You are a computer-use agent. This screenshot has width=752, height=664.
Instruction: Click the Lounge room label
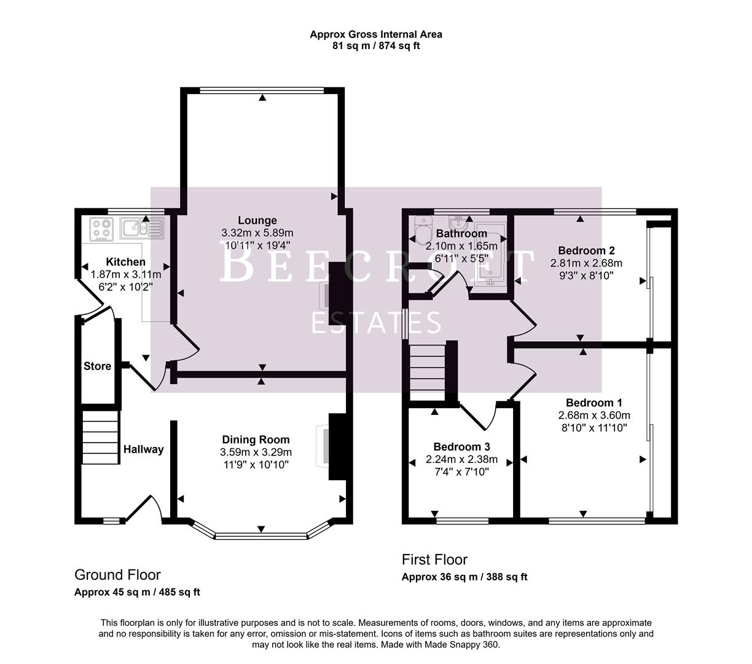[257, 220]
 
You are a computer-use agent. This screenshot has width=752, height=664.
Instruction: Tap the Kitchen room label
[125, 262]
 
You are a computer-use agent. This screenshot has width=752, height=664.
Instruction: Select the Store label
[97, 366]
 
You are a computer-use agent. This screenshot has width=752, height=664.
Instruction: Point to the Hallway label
[143, 449]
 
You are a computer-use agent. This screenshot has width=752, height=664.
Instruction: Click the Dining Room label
[256, 440]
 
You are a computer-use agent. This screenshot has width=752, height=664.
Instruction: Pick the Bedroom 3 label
[461, 446]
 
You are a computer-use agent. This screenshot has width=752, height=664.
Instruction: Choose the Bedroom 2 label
[586, 250]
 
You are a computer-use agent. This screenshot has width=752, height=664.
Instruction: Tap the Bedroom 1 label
[589, 403]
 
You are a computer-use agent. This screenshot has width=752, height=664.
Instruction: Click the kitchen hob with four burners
[102, 229]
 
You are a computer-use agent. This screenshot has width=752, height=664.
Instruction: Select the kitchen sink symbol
[141, 228]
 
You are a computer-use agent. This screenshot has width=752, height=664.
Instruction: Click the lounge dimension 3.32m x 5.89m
[257, 233]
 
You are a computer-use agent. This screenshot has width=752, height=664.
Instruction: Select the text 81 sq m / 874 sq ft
[375, 45]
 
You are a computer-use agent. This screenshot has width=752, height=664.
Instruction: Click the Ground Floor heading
[117, 575]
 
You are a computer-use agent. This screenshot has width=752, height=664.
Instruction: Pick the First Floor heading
[434, 559]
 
